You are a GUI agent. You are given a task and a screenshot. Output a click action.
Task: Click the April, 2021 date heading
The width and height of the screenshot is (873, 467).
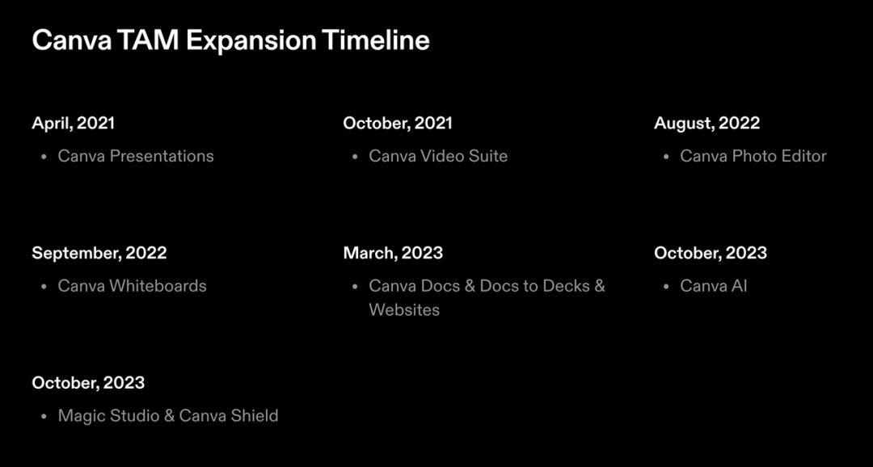[x=73, y=123]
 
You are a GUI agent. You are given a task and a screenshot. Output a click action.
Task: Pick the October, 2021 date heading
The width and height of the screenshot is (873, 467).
[x=398, y=123]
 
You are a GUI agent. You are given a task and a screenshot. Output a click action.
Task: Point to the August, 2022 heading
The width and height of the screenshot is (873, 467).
[x=706, y=124]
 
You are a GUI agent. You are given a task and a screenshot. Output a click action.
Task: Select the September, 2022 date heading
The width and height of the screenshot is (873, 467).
[x=99, y=253]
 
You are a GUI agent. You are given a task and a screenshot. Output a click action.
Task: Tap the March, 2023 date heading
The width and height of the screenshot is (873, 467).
[x=393, y=253]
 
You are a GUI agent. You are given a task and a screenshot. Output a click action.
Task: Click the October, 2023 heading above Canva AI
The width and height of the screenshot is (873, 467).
[x=711, y=253]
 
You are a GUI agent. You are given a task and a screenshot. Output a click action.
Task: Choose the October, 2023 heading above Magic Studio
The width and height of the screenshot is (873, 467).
[x=88, y=383]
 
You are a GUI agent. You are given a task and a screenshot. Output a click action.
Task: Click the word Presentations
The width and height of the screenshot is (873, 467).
[x=162, y=156]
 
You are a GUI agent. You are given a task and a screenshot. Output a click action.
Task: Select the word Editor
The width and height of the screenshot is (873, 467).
[x=804, y=156]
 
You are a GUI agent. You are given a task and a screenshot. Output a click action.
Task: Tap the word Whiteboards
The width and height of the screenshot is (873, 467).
[x=158, y=286]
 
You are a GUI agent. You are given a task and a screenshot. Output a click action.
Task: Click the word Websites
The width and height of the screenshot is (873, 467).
[x=404, y=310]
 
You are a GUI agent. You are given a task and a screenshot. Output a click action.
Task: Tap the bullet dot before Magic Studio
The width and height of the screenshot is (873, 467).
[x=44, y=416]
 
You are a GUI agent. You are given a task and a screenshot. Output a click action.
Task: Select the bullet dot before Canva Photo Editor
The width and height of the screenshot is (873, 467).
[x=666, y=157]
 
